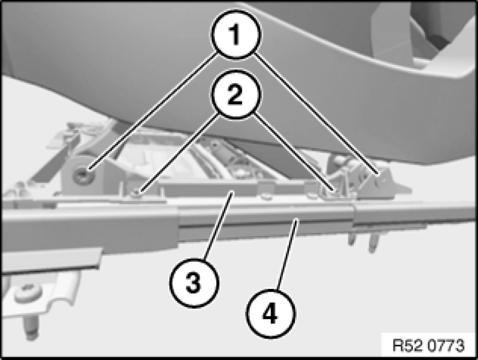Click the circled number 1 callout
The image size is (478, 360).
point(237,34)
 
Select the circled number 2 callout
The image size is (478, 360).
point(237,94)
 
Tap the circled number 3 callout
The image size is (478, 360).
point(194,283)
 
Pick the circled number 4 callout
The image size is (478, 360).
point(271,314)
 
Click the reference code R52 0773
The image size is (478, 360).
point(428,346)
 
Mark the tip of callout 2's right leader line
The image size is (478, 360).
point(335,191)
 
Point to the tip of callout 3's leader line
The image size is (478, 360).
point(233,192)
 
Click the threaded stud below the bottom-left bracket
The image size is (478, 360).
point(31,327)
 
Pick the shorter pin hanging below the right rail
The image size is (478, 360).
point(352,237)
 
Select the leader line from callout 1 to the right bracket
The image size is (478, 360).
point(316,114)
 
